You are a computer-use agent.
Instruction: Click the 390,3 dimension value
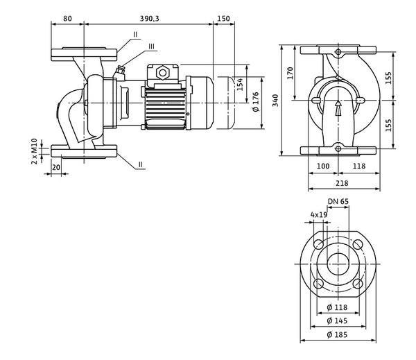click(149, 19)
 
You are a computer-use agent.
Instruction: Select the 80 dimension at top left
click(67, 19)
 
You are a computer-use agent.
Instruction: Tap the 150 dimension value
click(224, 19)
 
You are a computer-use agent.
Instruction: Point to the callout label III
click(151, 46)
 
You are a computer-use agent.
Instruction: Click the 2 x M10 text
click(34, 151)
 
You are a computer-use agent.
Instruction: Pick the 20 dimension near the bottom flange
click(56, 167)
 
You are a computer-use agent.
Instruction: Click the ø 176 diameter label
click(255, 102)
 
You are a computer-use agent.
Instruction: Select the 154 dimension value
click(240, 84)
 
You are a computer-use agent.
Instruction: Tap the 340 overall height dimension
click(276, 101)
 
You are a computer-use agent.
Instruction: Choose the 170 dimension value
click(291, 73)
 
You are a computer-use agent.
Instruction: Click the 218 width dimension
click(342, 183)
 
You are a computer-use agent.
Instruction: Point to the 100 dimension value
click(323, 166)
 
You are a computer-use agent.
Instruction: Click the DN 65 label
click(338, 202)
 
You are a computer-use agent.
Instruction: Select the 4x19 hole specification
click(319, 214)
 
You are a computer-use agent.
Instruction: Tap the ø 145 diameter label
click(337, 320)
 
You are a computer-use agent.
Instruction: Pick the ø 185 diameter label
click(337, 334)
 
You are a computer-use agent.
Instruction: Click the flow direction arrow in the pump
click(338, 108)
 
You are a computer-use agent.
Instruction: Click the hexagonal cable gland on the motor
click(163, 72)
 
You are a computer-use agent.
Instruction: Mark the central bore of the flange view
click(338, 264)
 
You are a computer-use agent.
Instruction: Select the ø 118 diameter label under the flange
click(337, 307)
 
